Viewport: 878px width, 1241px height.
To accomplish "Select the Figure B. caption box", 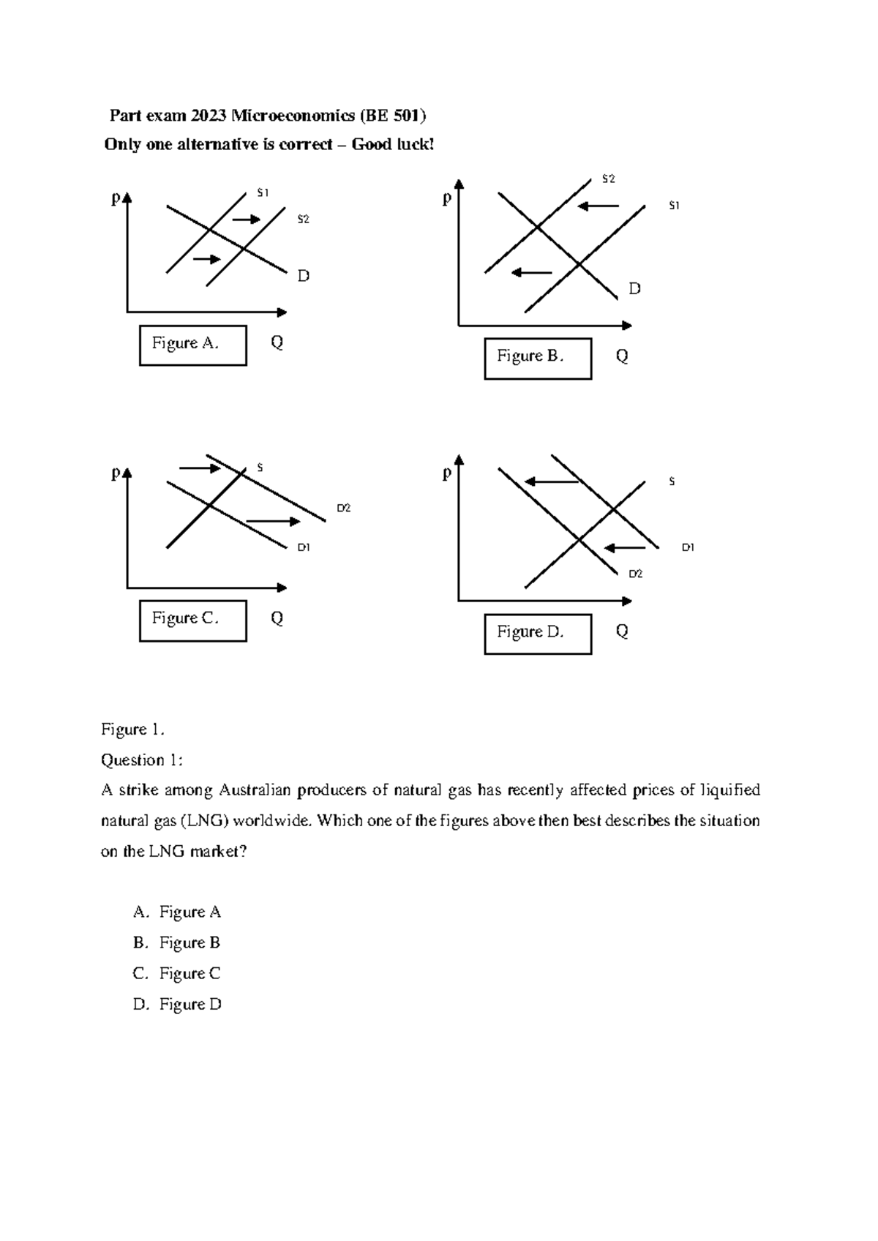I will click(x=538, y=358).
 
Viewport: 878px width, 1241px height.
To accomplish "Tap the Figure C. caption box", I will click(x=192, y=620).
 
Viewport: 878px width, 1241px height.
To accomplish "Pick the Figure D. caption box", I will click(x=538, y=633).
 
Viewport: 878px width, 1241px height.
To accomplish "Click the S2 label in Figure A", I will click(x=303, y=219).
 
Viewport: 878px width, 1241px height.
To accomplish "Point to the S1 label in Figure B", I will click(x=674, y=206).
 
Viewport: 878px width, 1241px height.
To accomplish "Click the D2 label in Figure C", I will click(x=344, y=508).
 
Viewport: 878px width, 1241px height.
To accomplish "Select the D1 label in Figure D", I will click(x=688, y=547).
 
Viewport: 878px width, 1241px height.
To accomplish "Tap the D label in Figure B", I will click(x=634, y=289).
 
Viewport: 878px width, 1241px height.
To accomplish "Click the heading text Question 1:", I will click(x=141, y=760).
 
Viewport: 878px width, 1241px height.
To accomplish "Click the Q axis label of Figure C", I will click(x=277, y=618).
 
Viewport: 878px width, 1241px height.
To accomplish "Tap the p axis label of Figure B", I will click(x=447, y=198).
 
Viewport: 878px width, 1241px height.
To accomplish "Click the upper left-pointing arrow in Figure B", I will click(x=599, y=206).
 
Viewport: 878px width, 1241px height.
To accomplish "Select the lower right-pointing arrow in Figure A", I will click(x=206, y=259).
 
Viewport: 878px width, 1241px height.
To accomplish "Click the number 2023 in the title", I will click(x=209, y=116).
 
